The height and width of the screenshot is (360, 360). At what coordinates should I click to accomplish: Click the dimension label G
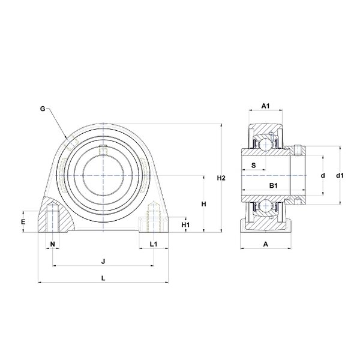[43, 109]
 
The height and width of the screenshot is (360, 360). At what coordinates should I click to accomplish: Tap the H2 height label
[221, 178]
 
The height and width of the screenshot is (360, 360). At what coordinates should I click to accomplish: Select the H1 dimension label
[185, 225]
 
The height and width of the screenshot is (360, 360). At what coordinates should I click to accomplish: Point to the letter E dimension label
[23, 222]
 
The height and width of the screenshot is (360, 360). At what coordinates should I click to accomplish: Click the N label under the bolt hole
[53, 244]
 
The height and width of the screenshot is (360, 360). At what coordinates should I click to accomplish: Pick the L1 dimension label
[154, 244]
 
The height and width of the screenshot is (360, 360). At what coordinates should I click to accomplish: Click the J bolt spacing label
[103, 261]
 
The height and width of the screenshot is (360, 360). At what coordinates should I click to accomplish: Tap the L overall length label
[103, 278]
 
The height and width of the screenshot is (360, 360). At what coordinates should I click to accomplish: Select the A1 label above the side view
[266, 106]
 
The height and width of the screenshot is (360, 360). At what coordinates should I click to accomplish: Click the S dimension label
[253, 166]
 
